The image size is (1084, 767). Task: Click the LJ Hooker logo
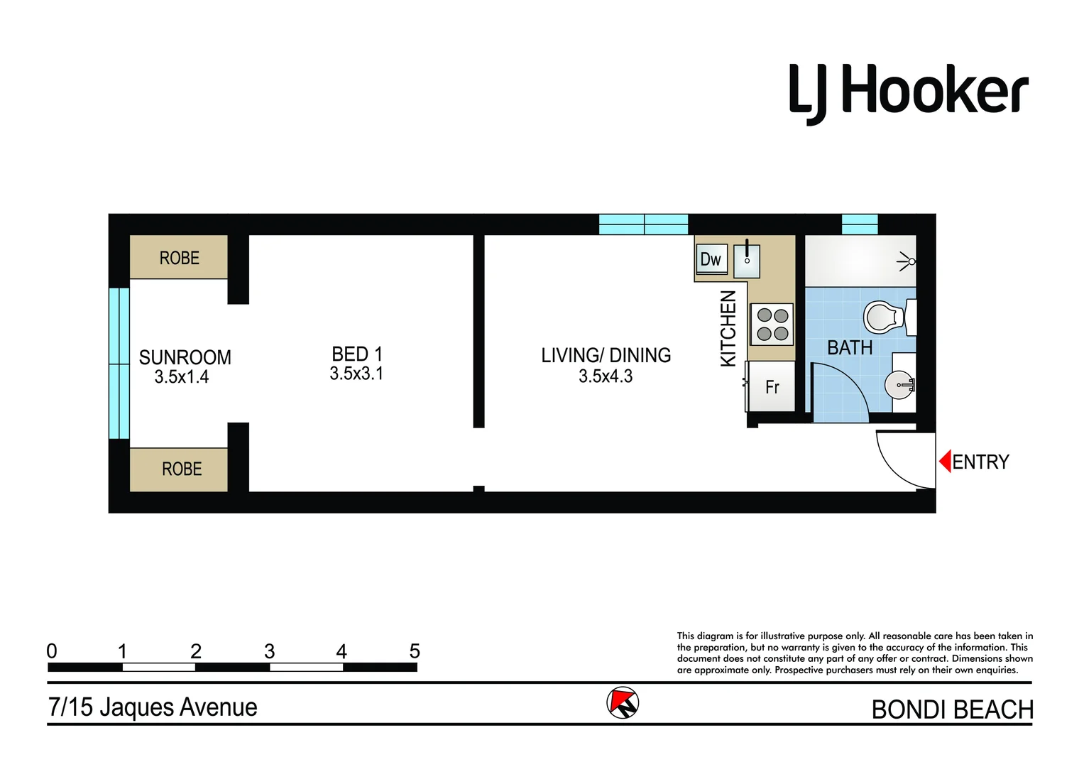click(908, 92)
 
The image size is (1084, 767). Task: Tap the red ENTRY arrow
click(945, 462)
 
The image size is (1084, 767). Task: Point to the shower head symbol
click(907, 261)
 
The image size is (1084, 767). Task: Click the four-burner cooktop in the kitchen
click(772, 325)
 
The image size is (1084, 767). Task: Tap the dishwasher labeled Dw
click(711, 259)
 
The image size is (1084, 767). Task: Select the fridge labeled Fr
click(772, 387)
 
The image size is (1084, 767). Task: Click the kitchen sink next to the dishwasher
click(747, 261)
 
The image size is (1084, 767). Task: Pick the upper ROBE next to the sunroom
click(179, 258)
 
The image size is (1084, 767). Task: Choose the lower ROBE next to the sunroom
click(180, 469)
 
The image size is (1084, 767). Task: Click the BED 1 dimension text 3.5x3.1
click(356, 374)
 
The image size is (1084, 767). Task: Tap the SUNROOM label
click(185, 357)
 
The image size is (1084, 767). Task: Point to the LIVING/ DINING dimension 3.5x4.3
click(606, 376)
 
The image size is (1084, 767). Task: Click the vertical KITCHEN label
click(728, 328)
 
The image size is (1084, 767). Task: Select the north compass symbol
click(623, 703)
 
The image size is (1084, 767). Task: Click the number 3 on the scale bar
click(269, 651)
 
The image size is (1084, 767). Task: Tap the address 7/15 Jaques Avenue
click(153, 707)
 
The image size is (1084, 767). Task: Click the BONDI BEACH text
click(951, 709)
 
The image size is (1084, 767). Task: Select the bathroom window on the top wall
click(860, 224)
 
